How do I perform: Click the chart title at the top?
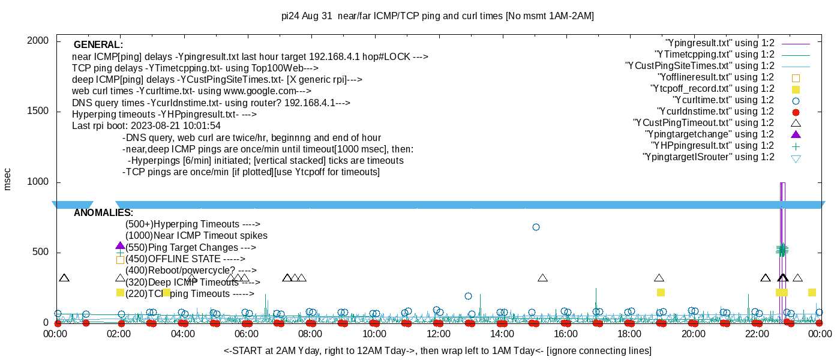[437, 16]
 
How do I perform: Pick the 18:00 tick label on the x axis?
[629, 334]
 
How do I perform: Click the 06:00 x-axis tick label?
[247, 334]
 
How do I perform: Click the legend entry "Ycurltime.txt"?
[724, 100]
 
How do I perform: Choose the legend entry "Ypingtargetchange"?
[710, 134]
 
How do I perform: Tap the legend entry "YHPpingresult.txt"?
[713, 146]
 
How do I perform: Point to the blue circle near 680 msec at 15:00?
[536, 227]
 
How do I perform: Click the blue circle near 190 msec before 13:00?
[468, 296]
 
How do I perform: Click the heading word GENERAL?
[98, 45]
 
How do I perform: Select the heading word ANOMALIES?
[103, 213]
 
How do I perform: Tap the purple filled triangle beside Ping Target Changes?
[120, 245]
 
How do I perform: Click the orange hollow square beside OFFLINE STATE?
[120, 260]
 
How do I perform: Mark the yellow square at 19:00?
[661, 292]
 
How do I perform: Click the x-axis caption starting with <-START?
[437, 350]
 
